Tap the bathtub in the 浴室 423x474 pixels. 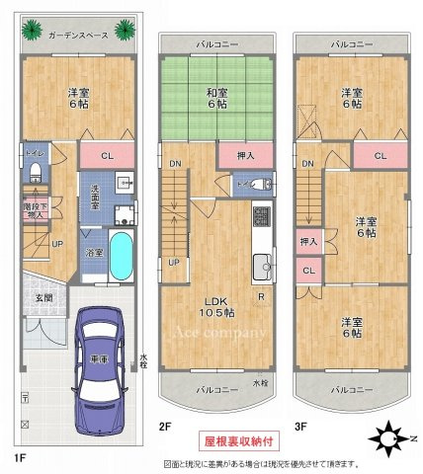pos(122,255)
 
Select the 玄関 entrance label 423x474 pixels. pos(45,297)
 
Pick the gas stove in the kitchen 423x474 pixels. pos(262,215)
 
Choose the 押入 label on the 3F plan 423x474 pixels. pos(307,240)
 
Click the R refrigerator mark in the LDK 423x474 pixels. pos(259,295)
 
